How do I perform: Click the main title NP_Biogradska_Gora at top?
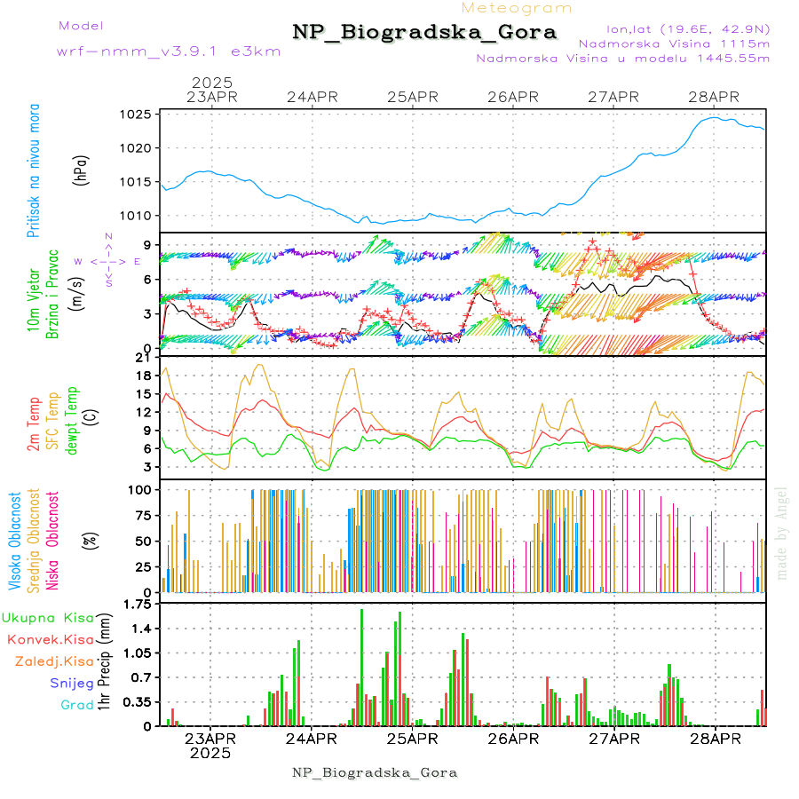click(x=424, y=32)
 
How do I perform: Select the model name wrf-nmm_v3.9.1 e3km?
click(x=169, y=51)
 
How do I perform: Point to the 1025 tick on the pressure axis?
click(x=138, y=115)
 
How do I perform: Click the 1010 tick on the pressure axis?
click(x=138, y=216)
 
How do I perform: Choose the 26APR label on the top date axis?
click(x=512, y=97)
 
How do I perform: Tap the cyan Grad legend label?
click(x=76, y=705)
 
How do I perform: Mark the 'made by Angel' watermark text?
click(x=782, y=533)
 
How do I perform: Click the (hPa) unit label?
click(x=82, y=170)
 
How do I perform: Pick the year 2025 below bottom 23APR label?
click(x=210, y=753)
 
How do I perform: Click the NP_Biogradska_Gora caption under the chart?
click(x=375, y=772)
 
